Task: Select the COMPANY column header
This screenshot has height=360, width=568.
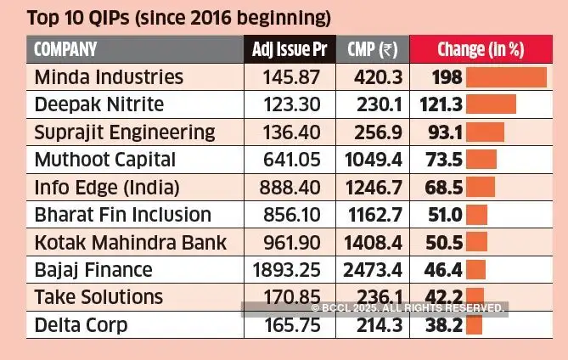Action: (65, 49)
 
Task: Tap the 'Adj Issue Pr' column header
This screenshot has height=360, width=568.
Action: (290, 49)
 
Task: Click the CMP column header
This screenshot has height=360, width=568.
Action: (373, 49)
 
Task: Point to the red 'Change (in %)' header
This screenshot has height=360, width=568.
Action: (480, 49)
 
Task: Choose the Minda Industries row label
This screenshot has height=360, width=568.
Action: (109, 77)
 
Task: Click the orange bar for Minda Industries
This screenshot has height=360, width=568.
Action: (506, 77)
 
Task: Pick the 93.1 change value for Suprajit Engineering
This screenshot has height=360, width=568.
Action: (439, 132)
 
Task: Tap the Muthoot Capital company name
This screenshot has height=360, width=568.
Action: (105, 160)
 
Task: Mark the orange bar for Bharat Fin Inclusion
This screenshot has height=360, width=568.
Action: (476, 215)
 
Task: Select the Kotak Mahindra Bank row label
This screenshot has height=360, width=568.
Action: (131, 243)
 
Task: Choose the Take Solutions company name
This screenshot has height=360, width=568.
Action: (98, 297)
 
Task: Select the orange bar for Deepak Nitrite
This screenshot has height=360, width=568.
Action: (491, 104)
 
